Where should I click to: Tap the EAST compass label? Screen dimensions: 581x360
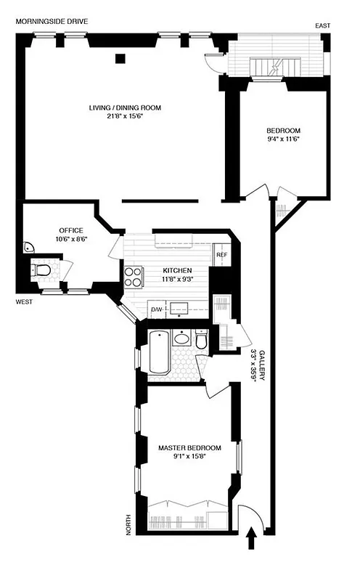(x=323, y=26)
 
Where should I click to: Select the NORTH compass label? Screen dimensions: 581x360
(x=129, y=523)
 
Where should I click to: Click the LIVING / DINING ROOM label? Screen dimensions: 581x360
(x=125, y=107)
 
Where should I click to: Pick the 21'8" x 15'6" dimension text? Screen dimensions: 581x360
(x=125, y=116)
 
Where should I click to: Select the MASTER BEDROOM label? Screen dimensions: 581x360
(x=189, y=447)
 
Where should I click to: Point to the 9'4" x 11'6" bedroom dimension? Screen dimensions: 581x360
(x=283, y=139)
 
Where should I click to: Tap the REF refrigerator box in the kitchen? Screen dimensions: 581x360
(x=221, y=254)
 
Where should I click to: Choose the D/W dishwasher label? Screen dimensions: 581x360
(x=156, y=310)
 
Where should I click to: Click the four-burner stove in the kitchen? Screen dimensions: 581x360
(x=134, y=277)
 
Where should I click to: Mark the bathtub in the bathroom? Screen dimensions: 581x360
(x=159, y=352)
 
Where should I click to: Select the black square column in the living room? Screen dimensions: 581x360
(x=120, y=58)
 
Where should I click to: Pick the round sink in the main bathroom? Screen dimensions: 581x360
(x=182, y=338)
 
